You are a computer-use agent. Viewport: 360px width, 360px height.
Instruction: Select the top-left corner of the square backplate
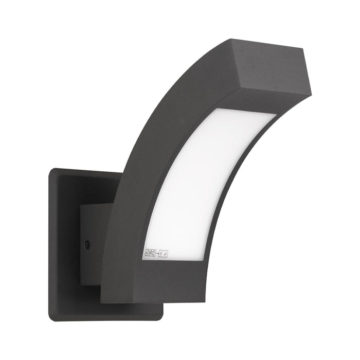point(50,169)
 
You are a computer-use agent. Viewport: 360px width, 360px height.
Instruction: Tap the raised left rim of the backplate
point(53,242)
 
